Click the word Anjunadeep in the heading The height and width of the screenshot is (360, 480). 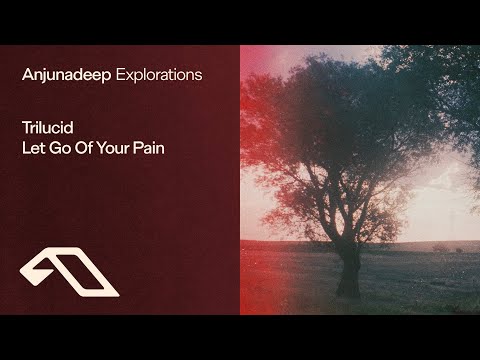coord(68,74)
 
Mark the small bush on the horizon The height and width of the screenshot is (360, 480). coord(440,246)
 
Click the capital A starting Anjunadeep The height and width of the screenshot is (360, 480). coord(26,74)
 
